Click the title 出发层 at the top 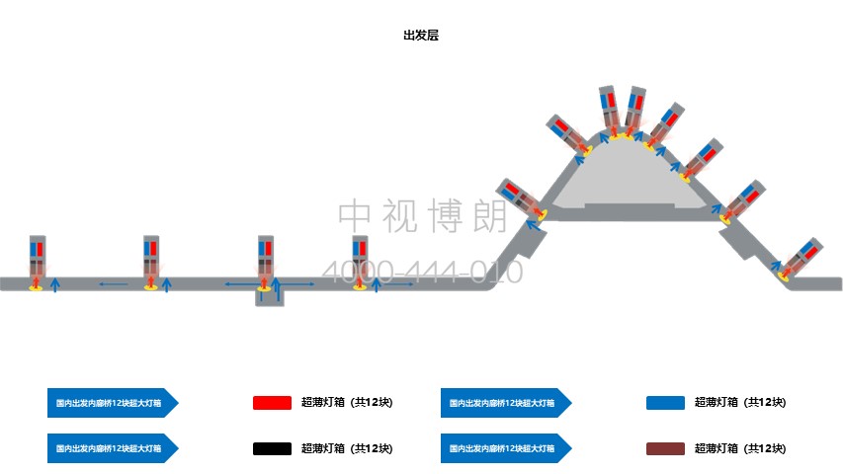(x=420, y=35)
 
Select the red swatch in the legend (x=272, y=403)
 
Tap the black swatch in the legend (x=272, y=449)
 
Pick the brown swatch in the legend (x=665, y=449)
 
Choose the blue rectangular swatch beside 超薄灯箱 (x=665, y=403)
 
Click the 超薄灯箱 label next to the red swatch (x=347, y=403)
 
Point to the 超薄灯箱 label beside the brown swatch (x=740, y=449)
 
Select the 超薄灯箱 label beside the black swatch (x=347, y=449)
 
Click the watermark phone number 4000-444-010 (x=423, y=272)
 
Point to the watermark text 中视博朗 (x=423, y=215)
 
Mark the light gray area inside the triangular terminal (x=632, y=183)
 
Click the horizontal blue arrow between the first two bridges (x=113, y=284)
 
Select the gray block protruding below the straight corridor (x=270, y=298)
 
